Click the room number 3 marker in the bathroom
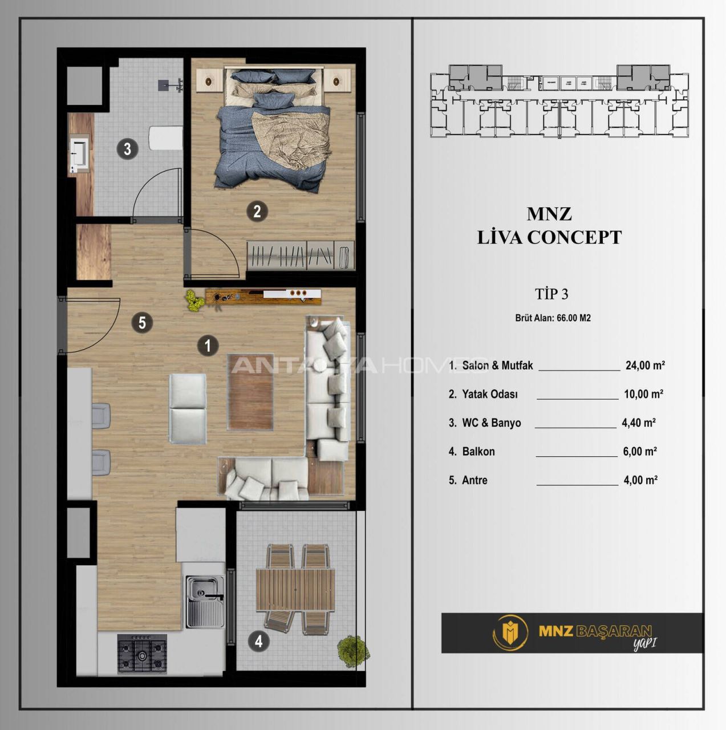click(x=127, y=149)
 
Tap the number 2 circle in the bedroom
click(x=257, y=212)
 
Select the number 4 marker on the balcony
click(x=258, y=641)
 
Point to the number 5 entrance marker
click(x=142, y=323)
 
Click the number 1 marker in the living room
click(x=208, y=345)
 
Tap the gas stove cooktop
click(x=142, y=654)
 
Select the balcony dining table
click(x=295, y=590)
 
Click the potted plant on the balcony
click(x=352, y=651)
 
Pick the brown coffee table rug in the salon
click(x=250, y=391)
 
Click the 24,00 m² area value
click(x=644, y=366)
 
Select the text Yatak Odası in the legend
click(x=490, y=394)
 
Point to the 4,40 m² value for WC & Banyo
click(x=639, y=423)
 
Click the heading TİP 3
click(x=551, y=294)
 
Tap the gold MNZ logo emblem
click(x=510, y=632)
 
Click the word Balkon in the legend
click(x=478, y=452)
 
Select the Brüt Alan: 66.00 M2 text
click(x=553, y=318)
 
